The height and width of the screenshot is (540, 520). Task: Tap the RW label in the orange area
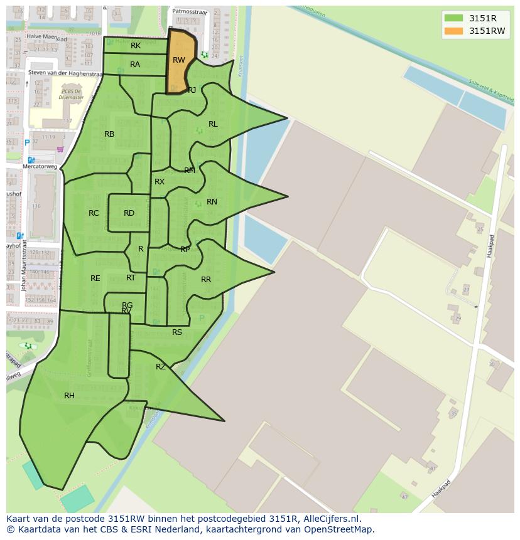[179, 60]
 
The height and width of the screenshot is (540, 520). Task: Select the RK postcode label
[136, 46]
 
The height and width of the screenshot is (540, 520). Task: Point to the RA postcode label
[135, 65]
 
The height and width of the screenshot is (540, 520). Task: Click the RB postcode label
[109, 134]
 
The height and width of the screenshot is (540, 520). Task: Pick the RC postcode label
[94, 213]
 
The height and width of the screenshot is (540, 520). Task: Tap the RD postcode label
[129, 213]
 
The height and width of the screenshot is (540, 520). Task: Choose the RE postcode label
[95, 278]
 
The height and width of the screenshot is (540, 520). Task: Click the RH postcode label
[69, 396]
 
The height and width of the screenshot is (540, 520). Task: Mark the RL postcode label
[213, 124]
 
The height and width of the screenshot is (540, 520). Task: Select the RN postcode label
[212, 202]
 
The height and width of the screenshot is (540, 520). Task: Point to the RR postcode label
[206, 280]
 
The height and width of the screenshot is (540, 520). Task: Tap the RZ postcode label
[161, 367]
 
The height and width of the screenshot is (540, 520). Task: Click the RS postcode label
[177, 332]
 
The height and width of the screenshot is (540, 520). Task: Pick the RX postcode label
[160, 182]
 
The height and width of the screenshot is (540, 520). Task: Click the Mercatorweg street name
[40, 167]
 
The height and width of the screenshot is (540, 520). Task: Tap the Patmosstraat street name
[190, 11]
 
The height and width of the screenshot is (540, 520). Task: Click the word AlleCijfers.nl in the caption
[338, 519]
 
